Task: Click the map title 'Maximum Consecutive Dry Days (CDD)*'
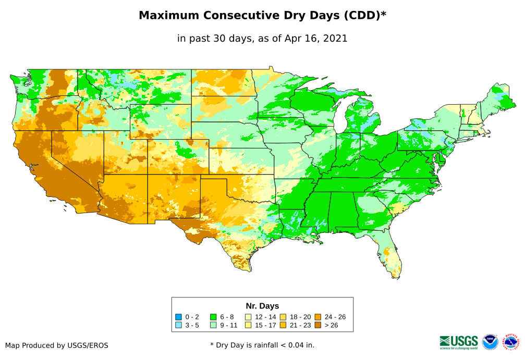(262, 16)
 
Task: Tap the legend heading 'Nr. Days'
(262, 306)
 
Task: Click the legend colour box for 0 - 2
(179, 317)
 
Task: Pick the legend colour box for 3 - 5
(179, 326)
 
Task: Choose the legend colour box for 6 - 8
(213, 317)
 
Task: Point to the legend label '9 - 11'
(230, 326)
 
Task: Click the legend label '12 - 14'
(265, 317)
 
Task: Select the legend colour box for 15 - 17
(248, 326)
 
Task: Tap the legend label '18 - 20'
(300, 317)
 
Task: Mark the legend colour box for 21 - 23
(283, 326)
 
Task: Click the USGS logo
(459, 341)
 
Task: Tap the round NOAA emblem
(490, 342)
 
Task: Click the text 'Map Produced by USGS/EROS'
(57, 345)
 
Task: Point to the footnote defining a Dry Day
(262, 345)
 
